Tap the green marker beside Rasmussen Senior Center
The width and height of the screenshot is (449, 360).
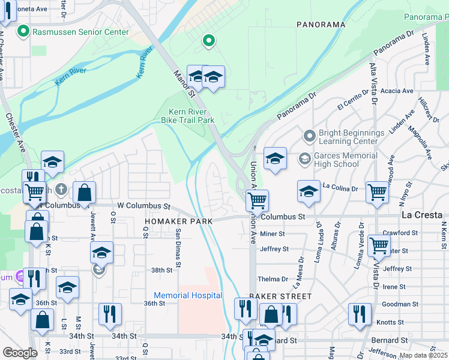(24, 31)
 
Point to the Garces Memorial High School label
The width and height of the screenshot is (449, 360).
(345, 160)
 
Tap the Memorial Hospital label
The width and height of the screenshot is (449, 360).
(188, 295)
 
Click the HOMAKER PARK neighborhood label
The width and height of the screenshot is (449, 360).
(179, 221)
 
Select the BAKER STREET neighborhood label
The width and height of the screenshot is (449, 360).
(281, 296)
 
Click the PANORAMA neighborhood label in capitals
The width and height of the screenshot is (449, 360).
(321, 25)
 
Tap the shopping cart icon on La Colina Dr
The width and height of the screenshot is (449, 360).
(377, 193)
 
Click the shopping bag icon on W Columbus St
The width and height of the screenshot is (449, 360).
(85, 193)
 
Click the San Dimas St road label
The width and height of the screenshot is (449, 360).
(178, 247)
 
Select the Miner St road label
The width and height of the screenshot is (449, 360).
(272, 233)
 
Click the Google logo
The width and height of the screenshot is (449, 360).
(20, 353)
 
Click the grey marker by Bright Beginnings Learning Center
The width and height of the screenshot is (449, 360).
(309, 136)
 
